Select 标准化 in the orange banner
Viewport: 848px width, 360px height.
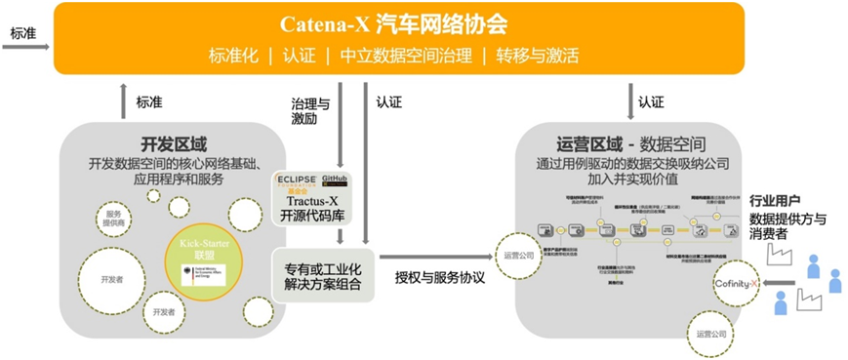point(233,55)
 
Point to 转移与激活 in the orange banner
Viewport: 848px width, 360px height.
point(536,55)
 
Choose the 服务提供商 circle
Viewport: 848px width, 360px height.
point(114,219)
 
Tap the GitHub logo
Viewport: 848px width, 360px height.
point(334,180)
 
